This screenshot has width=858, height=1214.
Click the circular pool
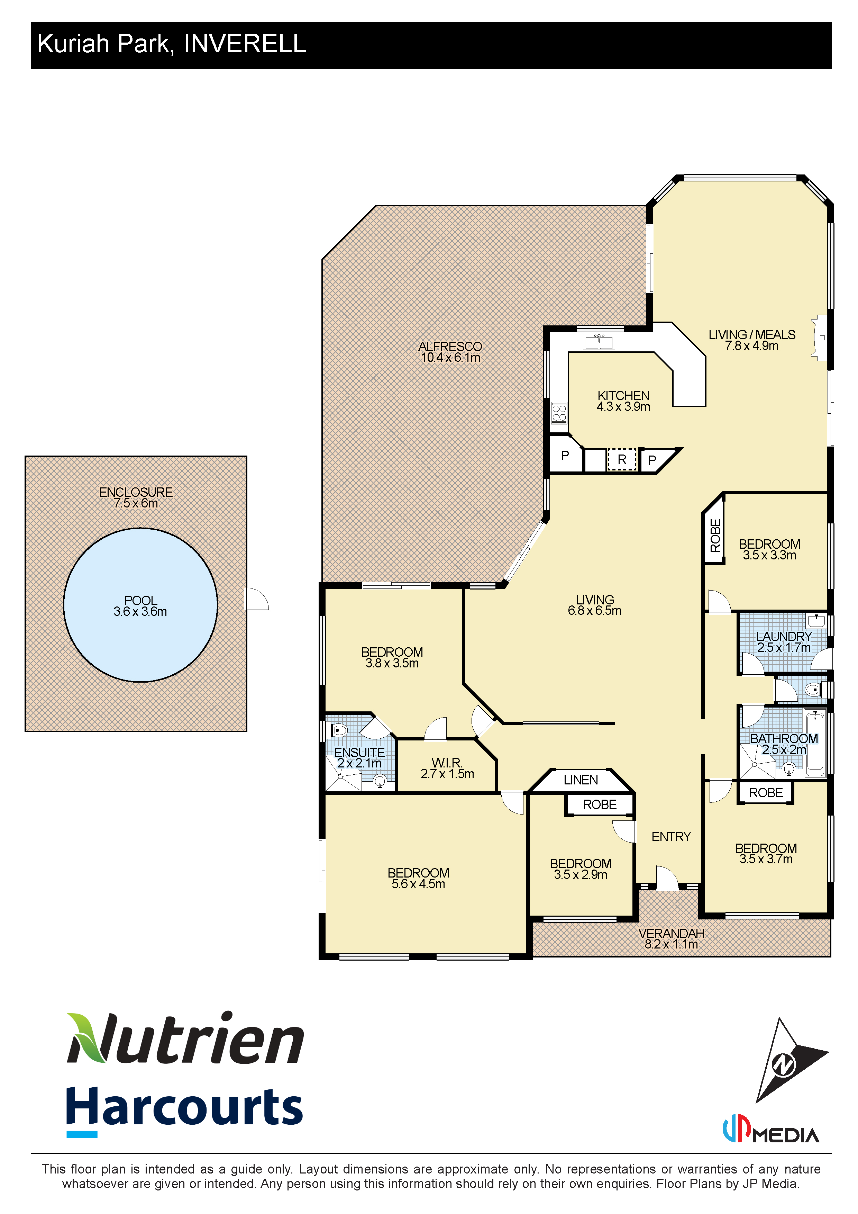(140, 605)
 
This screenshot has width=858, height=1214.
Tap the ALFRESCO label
(450, 346)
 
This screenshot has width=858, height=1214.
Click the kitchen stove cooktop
(559, 413)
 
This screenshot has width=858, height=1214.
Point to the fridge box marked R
(622, 459)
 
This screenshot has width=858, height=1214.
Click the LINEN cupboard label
(581, 780)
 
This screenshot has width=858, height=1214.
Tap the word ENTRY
(671, 836)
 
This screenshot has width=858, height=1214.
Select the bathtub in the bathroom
(815, 743)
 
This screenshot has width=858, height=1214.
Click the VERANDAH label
(671, 933)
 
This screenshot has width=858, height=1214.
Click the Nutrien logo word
(185, 1038)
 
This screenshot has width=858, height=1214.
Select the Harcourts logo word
(184, 1107)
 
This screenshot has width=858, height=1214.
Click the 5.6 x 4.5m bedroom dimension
(418, 884)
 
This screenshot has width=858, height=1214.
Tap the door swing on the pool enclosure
(258, 599)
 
